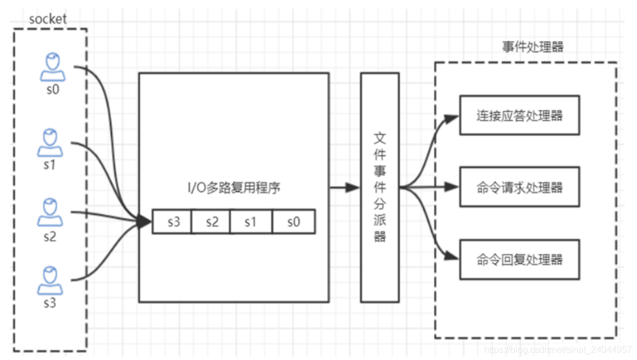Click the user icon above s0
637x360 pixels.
click(x=52, y=68)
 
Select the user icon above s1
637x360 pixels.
click(x=51, y=143)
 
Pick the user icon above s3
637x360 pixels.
click(x=50, y=281)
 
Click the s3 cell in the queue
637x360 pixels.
click(x=173, y=221)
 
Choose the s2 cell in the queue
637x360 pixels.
click(x=211, y=221)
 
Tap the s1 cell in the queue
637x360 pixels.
click(x=251, y=221)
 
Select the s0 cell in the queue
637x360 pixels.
click(x=293, y=221)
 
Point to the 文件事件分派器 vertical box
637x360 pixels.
click(x=380, y=187)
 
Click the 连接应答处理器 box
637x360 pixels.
click(x=519, y=115)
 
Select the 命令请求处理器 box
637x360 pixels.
click(x=519, y=187)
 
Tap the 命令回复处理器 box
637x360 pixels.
click(x=519, y=259)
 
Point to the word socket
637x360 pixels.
click(x=47, y=19)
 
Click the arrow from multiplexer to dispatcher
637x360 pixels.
click(x=344, y=187)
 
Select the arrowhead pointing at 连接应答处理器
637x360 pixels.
click(x=452, y=119)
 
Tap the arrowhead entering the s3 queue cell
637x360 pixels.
click(x=146, y=222)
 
